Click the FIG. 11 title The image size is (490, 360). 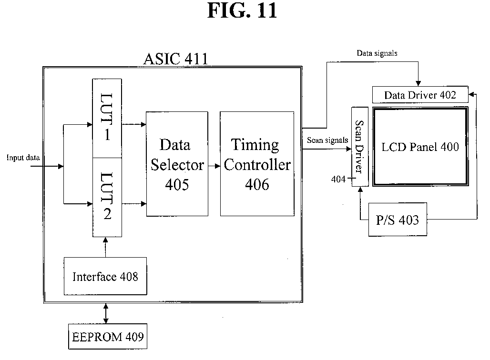tap(242, 10)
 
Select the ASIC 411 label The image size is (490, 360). tap(176, 59)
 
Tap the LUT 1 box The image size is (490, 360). tap(107, 119)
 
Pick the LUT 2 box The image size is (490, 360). tap(107, 197)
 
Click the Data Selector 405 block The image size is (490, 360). tap(177, 164)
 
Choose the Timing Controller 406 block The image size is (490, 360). tap(257, 164)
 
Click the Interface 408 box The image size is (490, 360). tap(105, 276)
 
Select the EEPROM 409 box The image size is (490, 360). tap(108, 337)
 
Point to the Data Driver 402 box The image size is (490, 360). tap(420, 95)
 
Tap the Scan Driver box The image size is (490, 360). tap(360, 147)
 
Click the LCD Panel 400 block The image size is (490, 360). tap(420, 147)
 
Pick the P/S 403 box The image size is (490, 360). tap(398, 220)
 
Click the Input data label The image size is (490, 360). tap(23, 158)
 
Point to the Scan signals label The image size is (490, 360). tap(327, 140)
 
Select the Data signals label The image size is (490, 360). tap(377, 53)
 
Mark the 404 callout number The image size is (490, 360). tap(338, 179)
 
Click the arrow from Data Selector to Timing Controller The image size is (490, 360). tap(214, 166)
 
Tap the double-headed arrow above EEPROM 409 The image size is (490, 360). tap(106, 313)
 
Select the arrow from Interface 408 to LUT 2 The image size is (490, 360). tap(105, 247)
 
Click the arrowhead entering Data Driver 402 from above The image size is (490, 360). tap(418, 83)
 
